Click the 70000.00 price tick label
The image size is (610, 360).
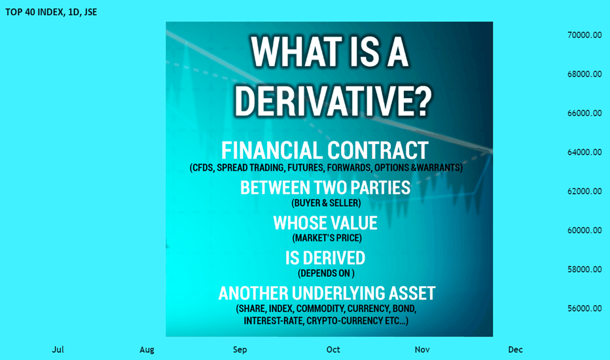584,35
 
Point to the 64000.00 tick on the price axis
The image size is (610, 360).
584,152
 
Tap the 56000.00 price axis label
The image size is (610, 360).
584,308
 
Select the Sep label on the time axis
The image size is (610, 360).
240,350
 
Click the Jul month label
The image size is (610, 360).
58,350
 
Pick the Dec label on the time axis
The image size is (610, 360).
516,350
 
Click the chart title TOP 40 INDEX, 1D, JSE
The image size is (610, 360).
51,12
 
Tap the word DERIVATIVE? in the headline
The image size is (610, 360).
333,101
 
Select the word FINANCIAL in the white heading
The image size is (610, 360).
272,151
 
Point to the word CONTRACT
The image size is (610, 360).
378,151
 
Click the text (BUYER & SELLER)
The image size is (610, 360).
326,203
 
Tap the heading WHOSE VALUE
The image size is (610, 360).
325,223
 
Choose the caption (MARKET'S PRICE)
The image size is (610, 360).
327,238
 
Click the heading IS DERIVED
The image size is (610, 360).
325,258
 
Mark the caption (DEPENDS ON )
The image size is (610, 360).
326,273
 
